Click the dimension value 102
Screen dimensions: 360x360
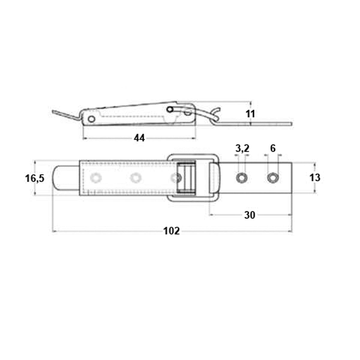172,231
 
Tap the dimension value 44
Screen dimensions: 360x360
139,138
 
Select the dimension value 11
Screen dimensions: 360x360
250,114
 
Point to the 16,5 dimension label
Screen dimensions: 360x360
35,178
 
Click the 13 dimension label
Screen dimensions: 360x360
315,178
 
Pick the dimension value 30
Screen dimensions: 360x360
250,215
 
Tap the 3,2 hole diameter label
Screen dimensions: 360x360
242,148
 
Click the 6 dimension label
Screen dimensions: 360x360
273,148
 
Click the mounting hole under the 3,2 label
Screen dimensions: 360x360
241,178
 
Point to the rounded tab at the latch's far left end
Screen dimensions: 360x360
59,178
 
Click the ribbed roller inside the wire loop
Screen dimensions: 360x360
186,178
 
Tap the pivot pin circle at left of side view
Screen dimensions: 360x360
91,119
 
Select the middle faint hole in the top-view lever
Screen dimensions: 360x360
136,178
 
